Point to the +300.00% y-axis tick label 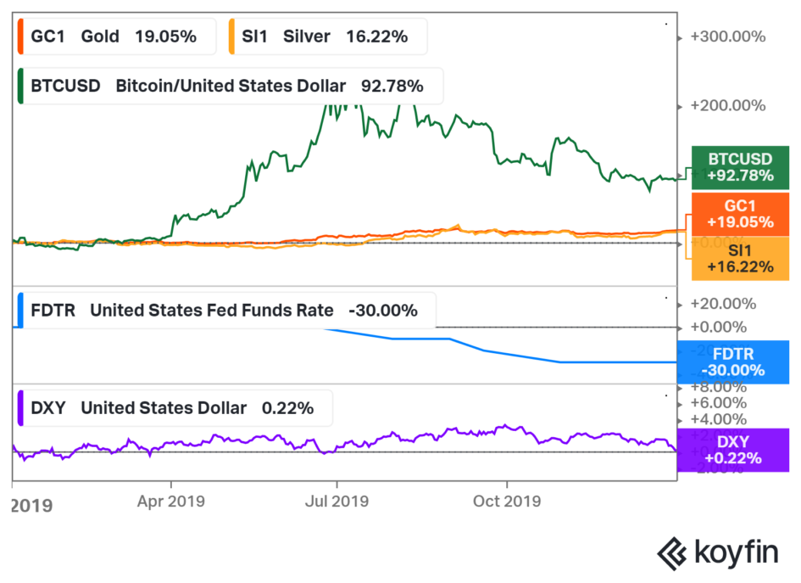click(728, 37)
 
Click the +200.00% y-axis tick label click(728, 106)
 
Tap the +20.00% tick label click(723, 304)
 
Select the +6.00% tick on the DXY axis click(719, 403)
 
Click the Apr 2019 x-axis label click(171, 501)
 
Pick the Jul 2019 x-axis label click(337, 501)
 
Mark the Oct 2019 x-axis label click(506, 501)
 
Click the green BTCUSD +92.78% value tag click(741, 167)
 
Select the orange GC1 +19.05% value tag click(741, 214)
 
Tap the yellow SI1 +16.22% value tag click(741, 258)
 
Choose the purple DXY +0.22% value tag click(733, 450)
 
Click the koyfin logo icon click(672, 552)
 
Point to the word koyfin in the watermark click(736, 552)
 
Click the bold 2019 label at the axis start click(31, 506)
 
